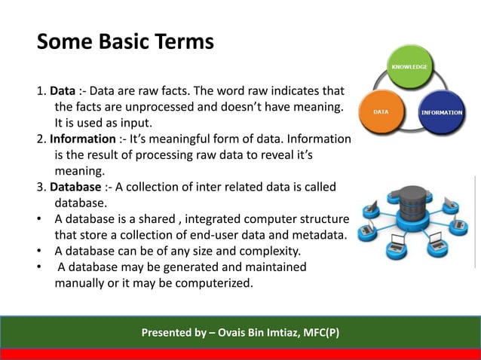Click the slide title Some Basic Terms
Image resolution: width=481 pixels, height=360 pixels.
coord(125,41)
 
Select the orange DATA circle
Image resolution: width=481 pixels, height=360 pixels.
coord(381,111)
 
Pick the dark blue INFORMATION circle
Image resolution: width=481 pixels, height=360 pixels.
coord(440,112)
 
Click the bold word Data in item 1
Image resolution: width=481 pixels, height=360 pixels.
coord(63,93)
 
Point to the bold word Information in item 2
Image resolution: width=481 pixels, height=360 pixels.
coord(83,139)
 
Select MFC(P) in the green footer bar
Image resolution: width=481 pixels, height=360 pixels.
coord(319,333)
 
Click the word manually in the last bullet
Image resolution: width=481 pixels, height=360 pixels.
coord(81,283)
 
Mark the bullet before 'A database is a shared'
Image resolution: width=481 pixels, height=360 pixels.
coord(40,218)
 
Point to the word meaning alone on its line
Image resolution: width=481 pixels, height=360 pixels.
coord(78,171)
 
